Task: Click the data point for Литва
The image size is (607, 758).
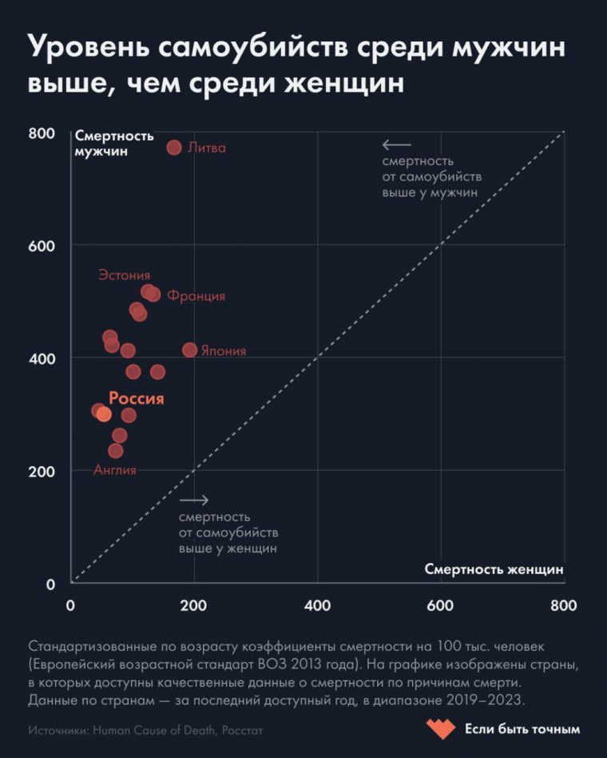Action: [174, 148]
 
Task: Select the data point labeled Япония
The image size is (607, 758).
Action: [189, 350]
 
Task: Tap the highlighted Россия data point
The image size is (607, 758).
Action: [104, 414]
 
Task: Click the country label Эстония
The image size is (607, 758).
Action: [124, 275]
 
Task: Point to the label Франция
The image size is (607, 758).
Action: [196, 296]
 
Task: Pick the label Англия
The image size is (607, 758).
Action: [115, 470]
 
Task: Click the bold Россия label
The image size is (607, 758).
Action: [136, 399]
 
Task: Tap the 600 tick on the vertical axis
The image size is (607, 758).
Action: [42, 246]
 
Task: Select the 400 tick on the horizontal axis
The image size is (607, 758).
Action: [317, 606]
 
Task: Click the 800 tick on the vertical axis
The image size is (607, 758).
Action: [42, 133]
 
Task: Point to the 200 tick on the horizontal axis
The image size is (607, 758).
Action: [193, 606]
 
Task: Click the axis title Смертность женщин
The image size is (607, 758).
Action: [494, 569]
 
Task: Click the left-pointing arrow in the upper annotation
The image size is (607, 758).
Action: [396, 145]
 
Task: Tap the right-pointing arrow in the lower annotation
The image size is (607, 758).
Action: [194, 500]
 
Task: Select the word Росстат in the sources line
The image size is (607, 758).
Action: [242, 730]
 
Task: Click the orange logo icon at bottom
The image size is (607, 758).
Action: [439, 728]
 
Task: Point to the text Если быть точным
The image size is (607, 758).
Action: [522, 729]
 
